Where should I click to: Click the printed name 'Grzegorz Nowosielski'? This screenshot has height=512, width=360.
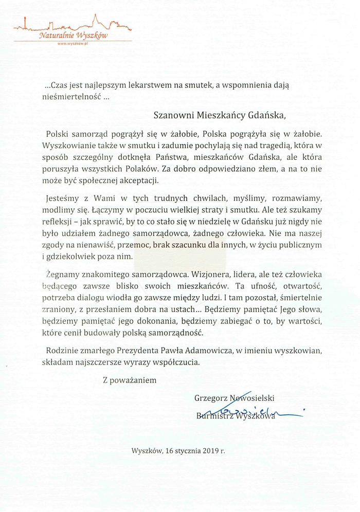(235, 398)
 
